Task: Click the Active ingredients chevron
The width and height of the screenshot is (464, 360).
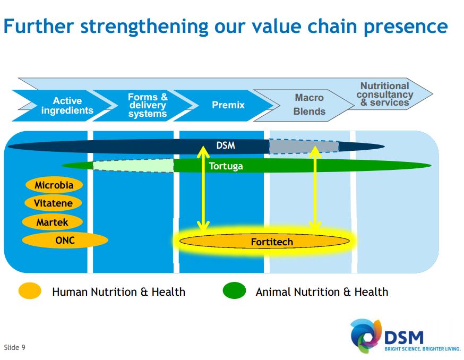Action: tap(67, 106)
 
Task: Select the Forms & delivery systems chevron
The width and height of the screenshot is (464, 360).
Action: tap(147, 105)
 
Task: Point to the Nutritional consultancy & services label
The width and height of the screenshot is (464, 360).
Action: tap(385, 94)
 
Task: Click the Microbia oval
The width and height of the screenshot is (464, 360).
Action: tap(54, 185)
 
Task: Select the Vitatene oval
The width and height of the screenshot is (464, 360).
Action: tap(54, 203)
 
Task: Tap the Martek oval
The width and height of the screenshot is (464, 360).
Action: tap(53, 222)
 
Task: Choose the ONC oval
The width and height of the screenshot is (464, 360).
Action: tap(65, 241)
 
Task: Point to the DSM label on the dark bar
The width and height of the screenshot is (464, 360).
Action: tap(226, 145)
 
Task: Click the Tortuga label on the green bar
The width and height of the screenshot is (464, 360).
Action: tap(226, 166)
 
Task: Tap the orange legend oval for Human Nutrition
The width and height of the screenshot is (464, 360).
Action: tap(30, 291)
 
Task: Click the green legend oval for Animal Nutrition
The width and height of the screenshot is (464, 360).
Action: tap(234, 291)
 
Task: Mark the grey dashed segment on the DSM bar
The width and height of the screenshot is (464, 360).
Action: tap(304, 147)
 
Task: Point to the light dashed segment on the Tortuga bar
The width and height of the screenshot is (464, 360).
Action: tap(133, 166)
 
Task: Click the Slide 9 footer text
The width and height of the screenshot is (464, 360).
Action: tap(15, 348)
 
